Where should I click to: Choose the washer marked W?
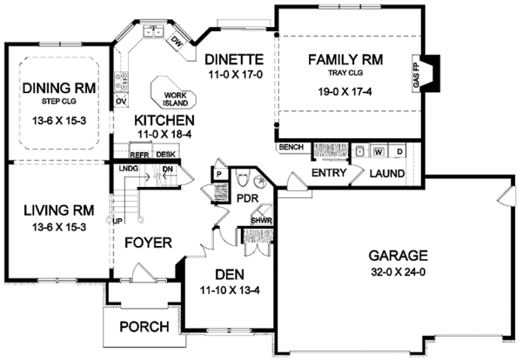coord(378,150)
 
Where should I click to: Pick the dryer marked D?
coord(398,150)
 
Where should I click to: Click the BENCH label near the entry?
coord(290,148)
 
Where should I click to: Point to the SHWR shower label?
coord(262,221)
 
